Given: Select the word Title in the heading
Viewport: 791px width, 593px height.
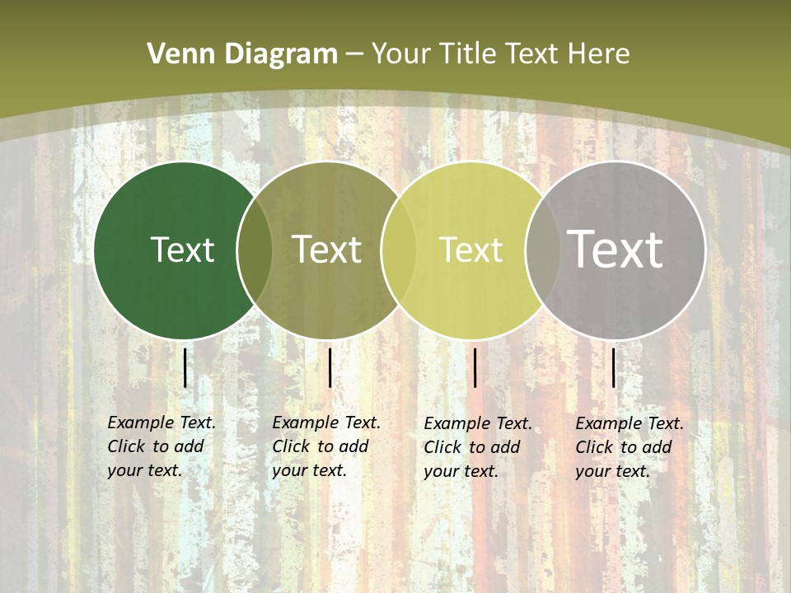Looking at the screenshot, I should (x=469, y=54).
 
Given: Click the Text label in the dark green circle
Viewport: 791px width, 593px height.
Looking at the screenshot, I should (x=182, y=250).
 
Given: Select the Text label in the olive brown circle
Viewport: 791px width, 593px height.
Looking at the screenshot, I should (x=326, y=250).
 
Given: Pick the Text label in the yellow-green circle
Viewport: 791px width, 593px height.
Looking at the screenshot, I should (x=470, y=250).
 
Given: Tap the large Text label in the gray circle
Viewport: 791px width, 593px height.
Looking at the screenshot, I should (x=615, y=250).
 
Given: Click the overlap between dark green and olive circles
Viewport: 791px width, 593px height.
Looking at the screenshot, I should (x=255, y=250).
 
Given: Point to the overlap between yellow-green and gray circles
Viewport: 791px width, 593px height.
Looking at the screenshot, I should (x=542, y=250).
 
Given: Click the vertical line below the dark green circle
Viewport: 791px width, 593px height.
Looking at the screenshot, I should (x=185, y=367).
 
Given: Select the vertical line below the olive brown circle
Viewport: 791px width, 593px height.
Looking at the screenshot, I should (x=330, y=367).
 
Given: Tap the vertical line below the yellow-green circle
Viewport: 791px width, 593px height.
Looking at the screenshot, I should (x=475, y=367).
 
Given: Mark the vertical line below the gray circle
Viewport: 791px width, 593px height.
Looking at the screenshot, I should (x=614, y=367).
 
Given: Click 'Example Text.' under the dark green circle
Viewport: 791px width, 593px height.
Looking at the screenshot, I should (x=161, y=423).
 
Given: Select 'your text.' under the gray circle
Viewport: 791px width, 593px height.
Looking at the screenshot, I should (x=612, y=471).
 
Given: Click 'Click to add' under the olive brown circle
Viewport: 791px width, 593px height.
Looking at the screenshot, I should (x=320, y=446).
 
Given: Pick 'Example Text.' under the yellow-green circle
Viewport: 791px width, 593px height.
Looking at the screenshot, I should (x=478, y=423).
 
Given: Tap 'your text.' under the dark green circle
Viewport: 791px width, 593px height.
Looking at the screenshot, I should (x=144, y=470).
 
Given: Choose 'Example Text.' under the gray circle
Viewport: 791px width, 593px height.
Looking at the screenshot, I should (x=630, y=423).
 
